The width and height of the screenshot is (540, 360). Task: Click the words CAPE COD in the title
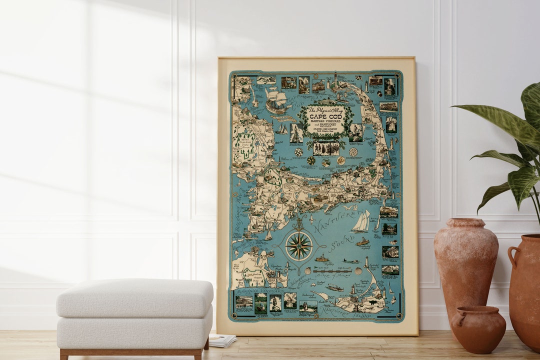click(x=325, y=117)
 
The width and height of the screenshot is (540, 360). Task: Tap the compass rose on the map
click(x=299, y=246)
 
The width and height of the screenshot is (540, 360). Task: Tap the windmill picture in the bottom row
click(x=290, y=300)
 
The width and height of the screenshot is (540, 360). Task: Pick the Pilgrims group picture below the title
click(x=326, y=149)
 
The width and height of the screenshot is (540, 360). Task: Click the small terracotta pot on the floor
click(x=478, y=329)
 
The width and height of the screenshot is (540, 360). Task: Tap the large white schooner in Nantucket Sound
click(x=361, y=221)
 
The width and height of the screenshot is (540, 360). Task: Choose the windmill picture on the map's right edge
click(x=390, y=124)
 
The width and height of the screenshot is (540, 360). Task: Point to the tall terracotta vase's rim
click(x=465, y=220)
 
